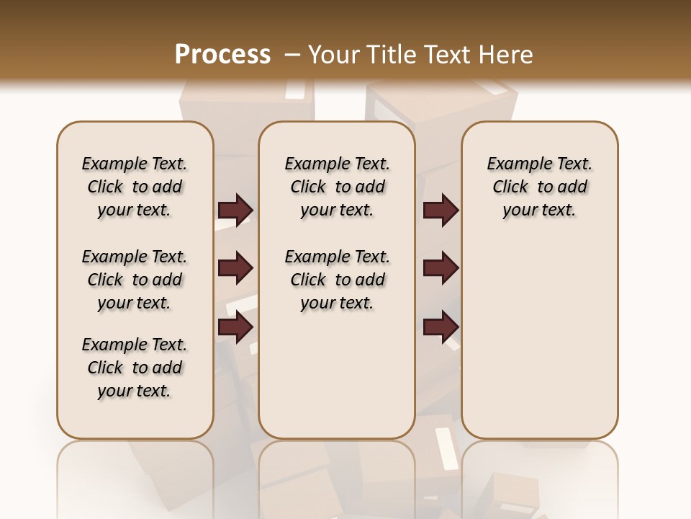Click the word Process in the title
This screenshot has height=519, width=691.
pyautogui.click(x=222, y=55)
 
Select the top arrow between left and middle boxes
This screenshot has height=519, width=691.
pyautogui.click(x=235, y=210)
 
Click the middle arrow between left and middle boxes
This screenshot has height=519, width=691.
pyautogui.click(x=235, y=269)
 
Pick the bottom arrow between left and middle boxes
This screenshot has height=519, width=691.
pyautogui.click(x=235, y=327)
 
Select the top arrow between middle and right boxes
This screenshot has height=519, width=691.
pyautogui.click(x=441, y=210)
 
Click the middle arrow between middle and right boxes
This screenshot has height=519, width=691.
pyautogui.click(x=441, y=269)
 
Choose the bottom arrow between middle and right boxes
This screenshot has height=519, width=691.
pyautogui.click(x=441, y=327)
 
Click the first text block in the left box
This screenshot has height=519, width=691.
pyautogui.click(x=135, y=187)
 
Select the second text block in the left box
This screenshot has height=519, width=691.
pyautogui.click(x=135, y=280)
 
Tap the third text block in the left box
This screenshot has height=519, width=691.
pyautogui.click(x=135, y=368)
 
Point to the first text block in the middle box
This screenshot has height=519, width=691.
pyautogui.click(x=337, y=187)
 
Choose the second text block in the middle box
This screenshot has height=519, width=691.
pyautogui.click(x=337, y=280)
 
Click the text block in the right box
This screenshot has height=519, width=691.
pyautogui.click(x=539, y=187)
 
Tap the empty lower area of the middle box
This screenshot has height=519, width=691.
pyautogui.click(x=337, y=375)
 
